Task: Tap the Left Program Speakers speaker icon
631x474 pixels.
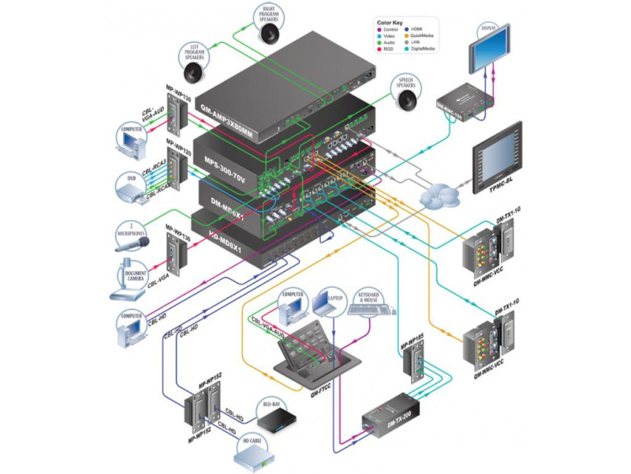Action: click(194, 72)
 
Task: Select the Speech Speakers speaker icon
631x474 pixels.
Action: click(406, 101)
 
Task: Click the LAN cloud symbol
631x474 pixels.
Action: click(435, 194)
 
